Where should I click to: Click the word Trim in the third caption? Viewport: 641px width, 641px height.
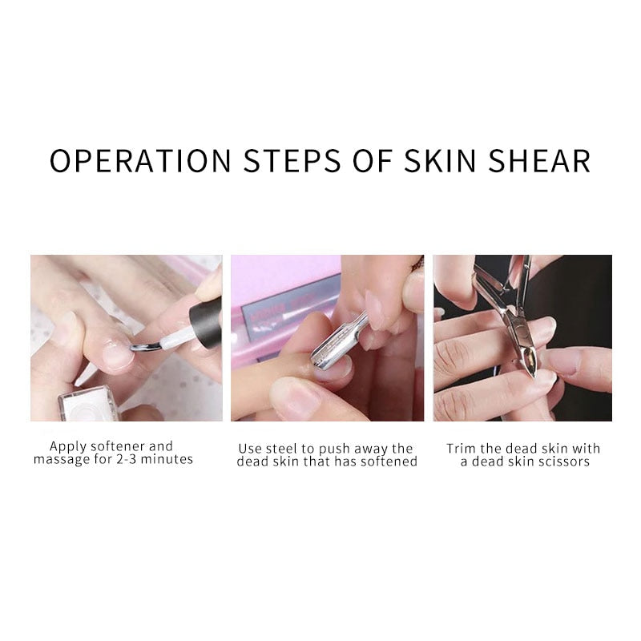click(x=462, y=448)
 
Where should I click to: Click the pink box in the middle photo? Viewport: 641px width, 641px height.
click(x=280, y=296)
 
